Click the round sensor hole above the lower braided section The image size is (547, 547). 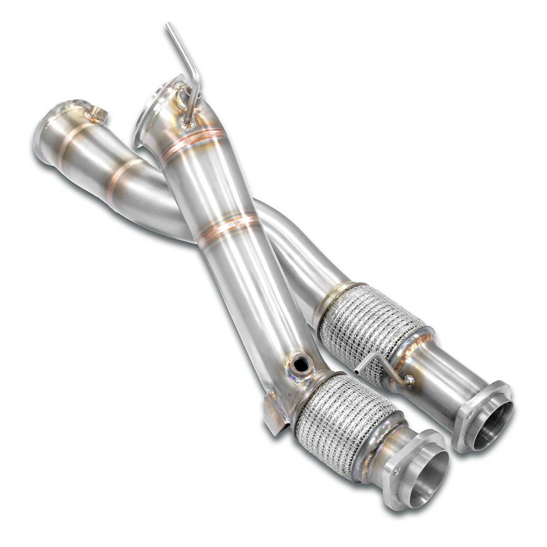point(300,363)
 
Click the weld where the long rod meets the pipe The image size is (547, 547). point(189,123)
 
